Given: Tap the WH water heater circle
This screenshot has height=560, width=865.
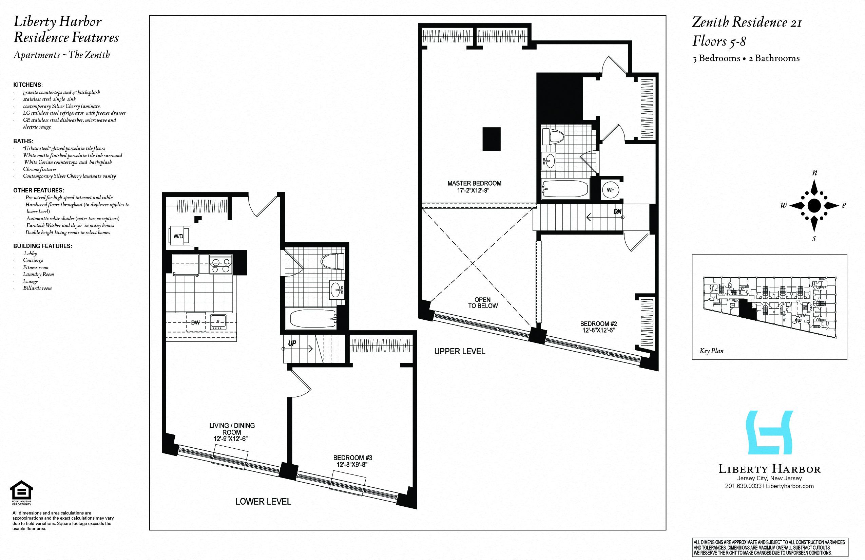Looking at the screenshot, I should [x=610, y=190].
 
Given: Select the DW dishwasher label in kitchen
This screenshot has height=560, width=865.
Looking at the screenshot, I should [x=195, y=322].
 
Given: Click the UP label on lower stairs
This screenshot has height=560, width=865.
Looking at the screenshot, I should [x=292, y=343].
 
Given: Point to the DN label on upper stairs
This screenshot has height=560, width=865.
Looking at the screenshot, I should [x=617, y=211].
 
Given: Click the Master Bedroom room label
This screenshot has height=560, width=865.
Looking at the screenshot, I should [x=474, y=187].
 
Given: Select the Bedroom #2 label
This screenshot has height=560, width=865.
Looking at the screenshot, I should [x=598, y=327].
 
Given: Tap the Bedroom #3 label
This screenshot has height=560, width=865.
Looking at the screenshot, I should [x=352, y=461].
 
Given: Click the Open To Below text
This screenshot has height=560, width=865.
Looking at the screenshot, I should [x=482, y=302].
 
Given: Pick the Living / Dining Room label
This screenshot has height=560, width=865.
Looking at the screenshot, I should [x=232, y=432].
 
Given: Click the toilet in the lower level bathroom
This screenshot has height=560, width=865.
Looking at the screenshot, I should [x=332, y=261].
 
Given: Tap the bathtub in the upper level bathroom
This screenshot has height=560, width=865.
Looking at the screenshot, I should [x=565, y=189].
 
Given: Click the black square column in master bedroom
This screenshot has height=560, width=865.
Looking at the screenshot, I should [x=492, y=139].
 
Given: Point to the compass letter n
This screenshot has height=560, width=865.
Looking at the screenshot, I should [x=814, y=173].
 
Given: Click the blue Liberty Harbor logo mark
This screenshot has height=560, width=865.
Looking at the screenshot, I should [x=769, y=432].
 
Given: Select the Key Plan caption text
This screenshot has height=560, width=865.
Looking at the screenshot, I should [x=711, y=351].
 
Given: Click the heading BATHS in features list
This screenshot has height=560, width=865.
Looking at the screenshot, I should [x=23, y=141].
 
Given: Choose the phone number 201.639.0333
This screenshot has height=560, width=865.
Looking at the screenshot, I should [x=743, y=486].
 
